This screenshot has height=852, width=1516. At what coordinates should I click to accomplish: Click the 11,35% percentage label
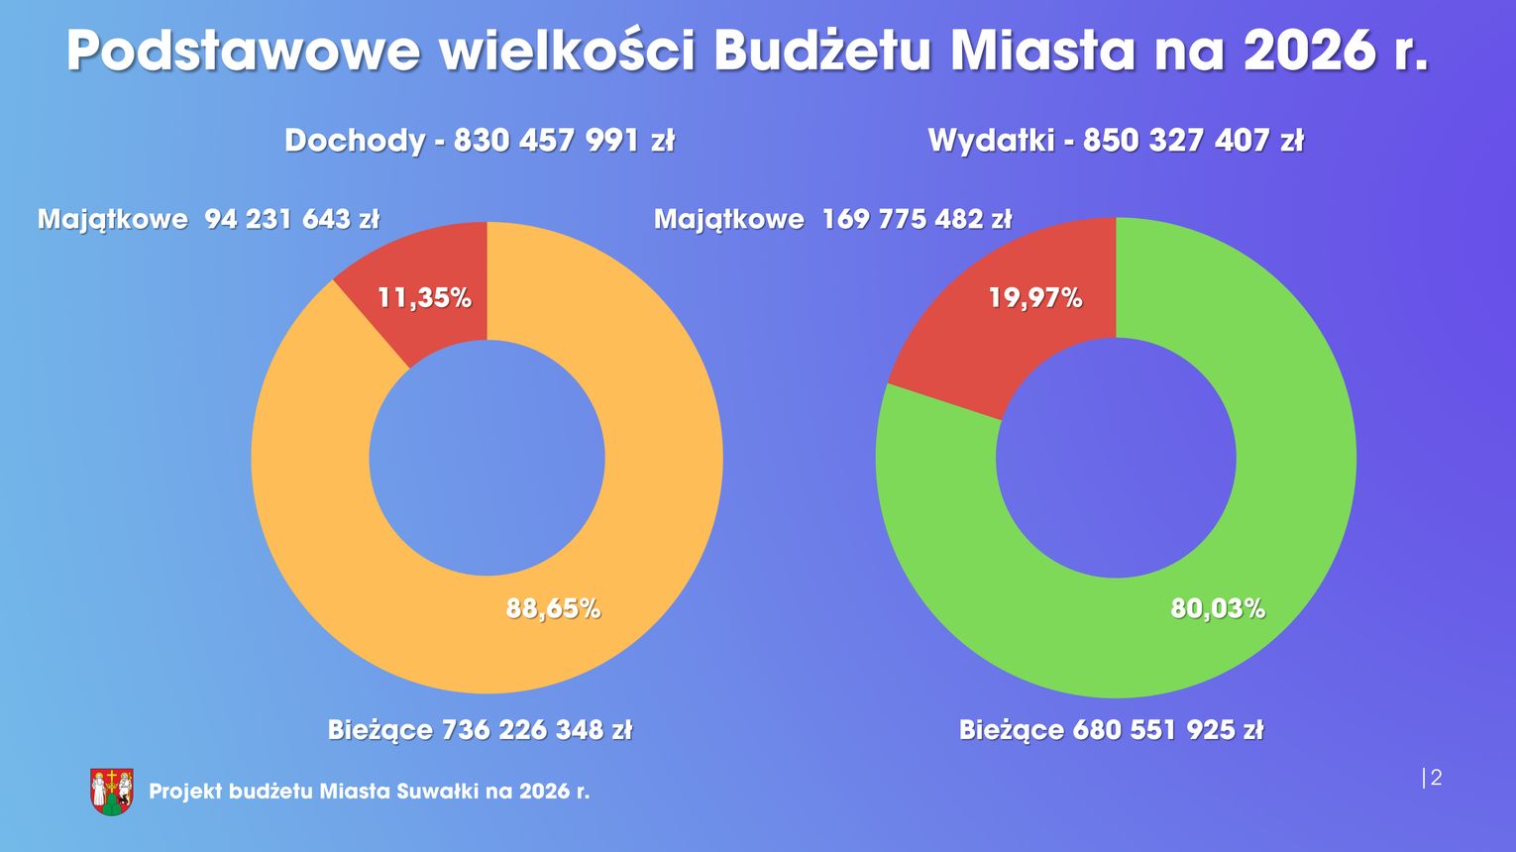point(424,297)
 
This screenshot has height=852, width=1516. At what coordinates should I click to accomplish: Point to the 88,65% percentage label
point(553,607)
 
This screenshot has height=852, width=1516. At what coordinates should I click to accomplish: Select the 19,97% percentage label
point(1034,297)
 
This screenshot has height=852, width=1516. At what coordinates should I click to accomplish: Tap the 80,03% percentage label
point(1218,607)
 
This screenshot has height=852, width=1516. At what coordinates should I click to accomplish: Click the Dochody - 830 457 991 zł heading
point(480,140)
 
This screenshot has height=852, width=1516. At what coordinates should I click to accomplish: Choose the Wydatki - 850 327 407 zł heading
point(1116,140)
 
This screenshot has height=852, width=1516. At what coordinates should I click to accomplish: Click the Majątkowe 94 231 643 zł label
point(208,219)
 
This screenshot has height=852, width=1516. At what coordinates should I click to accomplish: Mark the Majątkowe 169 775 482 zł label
point(832,219)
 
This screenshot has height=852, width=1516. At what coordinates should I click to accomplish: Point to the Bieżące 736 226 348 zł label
point(480,730)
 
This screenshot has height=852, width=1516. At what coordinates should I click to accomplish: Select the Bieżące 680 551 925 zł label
point(1111,730)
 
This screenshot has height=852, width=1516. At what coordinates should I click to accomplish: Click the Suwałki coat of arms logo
point(112,792)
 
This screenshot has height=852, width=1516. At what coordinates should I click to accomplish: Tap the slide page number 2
point(1436,778)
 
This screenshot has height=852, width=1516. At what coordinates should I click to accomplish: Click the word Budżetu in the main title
point(821,52)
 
